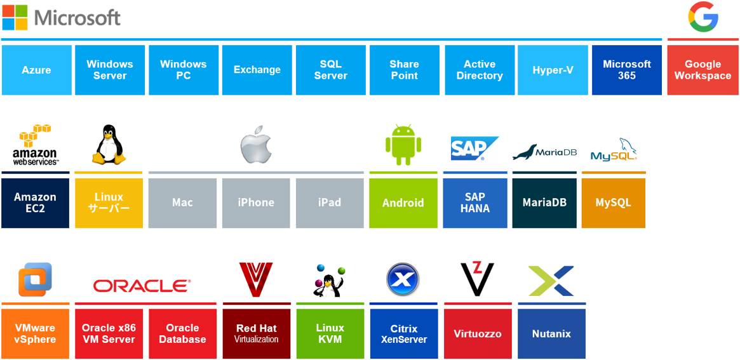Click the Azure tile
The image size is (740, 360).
click(x=36, y=70)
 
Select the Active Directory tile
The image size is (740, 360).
click(x=479, y=70)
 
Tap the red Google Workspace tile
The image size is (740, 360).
click(x=703, y=70)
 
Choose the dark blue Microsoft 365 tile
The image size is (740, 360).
click(x=626, y=70)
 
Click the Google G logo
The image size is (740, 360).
click(x=703, y=17)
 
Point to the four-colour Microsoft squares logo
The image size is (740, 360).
click(x=15, y=17)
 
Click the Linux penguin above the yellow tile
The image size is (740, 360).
click(x=109, y=145)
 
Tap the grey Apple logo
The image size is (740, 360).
click(x=256, y=147)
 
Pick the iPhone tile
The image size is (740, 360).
click(x=256, y=203)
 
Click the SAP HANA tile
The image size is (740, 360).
click(x=474, y=203)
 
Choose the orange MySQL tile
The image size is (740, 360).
click(x=613, y=203)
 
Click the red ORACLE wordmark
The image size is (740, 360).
click(x=142, y=286)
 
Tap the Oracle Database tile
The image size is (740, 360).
click(x=182, y=333)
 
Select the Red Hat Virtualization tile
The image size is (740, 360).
click(x=256, y=333)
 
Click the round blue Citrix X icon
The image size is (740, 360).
click(x=403, y=279)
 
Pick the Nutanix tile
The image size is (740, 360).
click(x=551, y=333)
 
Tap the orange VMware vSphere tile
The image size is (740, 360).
click(x=35, y=333)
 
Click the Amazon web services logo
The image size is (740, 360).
click(x=36, y=145)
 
